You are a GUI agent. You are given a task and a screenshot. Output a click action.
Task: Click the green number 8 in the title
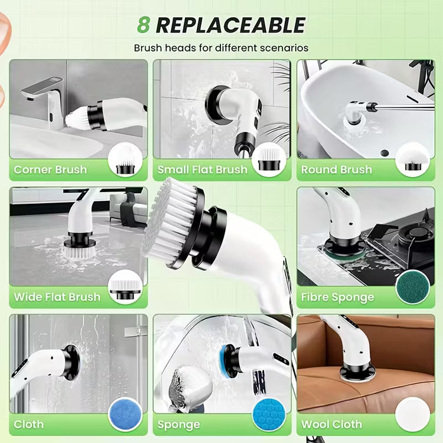coord(144,25)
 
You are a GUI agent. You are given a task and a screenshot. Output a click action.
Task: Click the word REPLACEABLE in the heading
coord(230,25)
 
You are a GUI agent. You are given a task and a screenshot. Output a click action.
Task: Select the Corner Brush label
coord(50,170)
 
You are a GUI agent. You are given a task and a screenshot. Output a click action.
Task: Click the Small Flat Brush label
coord(202,170)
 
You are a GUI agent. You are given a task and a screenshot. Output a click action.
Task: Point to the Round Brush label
coord(337,170)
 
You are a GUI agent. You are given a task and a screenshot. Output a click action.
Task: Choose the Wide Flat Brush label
coord(57,297)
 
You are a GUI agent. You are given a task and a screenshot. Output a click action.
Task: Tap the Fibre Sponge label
coord(338,297)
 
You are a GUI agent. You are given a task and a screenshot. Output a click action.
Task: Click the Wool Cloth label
coord(332,424)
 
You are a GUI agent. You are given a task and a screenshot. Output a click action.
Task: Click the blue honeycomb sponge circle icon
coord(269,415)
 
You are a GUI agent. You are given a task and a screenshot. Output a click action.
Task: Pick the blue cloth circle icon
coord(125,415)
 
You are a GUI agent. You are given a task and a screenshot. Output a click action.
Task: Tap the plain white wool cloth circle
coord(413,415)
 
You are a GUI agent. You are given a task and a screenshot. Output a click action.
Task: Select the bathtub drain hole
coord(385,153)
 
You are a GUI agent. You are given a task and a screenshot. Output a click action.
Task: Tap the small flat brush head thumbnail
coord(269,159)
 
